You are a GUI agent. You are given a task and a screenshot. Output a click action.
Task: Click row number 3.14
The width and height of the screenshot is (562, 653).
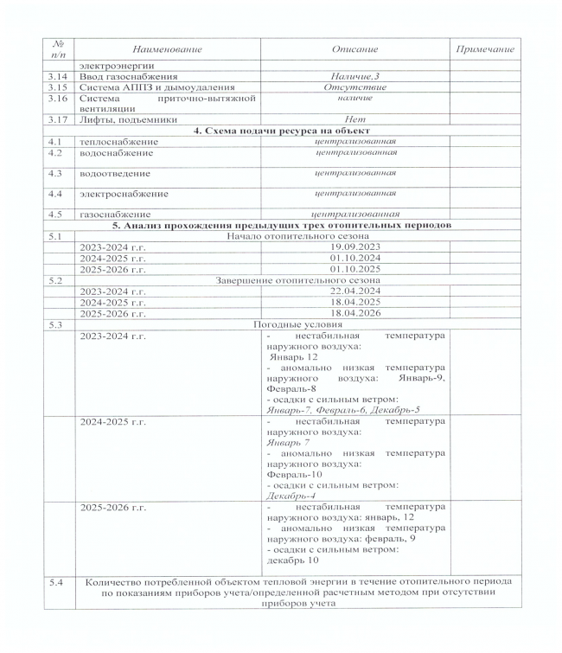pyautogui.click(x=58, y=76)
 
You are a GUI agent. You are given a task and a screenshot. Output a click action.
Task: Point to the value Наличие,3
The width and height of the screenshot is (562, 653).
pyautogui.click(x=354, y=76)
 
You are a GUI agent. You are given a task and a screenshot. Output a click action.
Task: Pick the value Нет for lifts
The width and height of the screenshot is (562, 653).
pyautogui.click(x=354, y=119)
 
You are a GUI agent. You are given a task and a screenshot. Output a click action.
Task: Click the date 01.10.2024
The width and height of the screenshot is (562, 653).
pyautogui.click(x=354, y=257)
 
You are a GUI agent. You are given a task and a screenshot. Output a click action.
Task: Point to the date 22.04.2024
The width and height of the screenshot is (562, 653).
pyautogui.click(x=354, y=291)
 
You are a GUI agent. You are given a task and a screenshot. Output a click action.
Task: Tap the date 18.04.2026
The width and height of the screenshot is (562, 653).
pyautogui.click(x=354, y=312)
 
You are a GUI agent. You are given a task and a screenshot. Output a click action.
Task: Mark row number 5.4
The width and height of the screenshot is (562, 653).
pyautogui.click(x=58, y=581)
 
